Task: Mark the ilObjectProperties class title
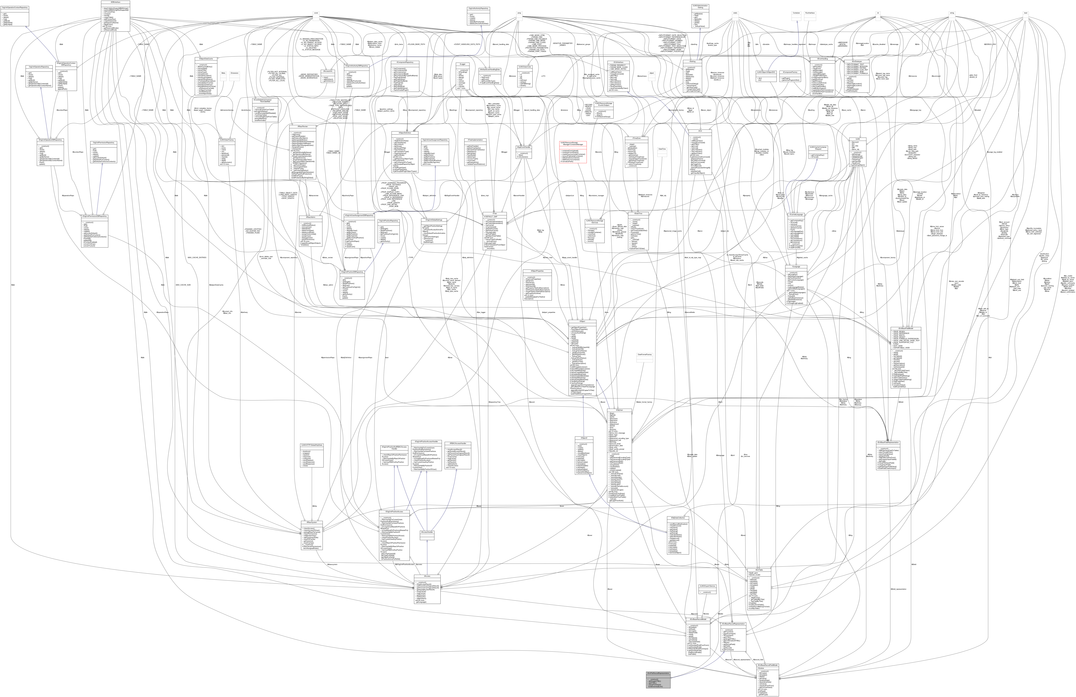[537, 271]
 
